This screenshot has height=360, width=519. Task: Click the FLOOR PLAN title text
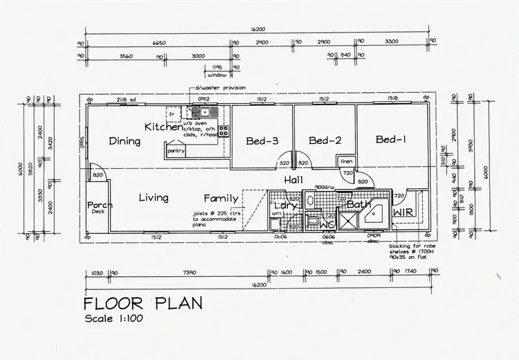coord(143,303)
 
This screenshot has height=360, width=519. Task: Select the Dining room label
coord(125,141)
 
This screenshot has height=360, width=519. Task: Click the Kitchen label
coord(163,127)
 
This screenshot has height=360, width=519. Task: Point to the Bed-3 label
coord(262,141)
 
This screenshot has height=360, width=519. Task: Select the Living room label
coord(153,198)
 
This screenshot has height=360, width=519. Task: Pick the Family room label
coord(221,199)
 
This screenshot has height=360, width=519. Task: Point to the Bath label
coord(359,205)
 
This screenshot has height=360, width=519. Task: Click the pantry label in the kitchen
coord(176,151)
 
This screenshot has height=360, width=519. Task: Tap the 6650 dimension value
coord(158,43)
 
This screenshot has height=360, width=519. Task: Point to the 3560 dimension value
coord(126,55)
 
